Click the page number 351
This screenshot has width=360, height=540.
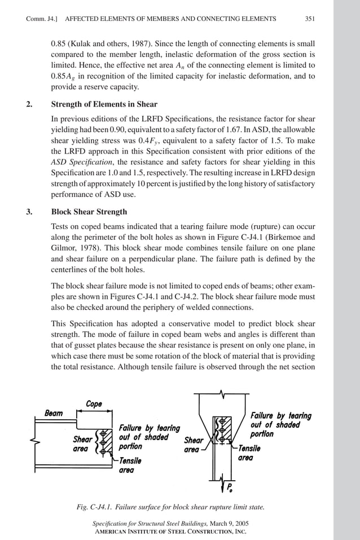309,19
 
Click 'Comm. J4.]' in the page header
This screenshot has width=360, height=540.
42,19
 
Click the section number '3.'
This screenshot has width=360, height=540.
30,212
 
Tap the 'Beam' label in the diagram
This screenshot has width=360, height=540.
54,413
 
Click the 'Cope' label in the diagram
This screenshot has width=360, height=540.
94,403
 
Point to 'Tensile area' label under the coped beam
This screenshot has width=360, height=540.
130,465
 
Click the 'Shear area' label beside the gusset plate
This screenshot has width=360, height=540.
194,445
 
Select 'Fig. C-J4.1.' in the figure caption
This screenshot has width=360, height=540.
97,508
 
